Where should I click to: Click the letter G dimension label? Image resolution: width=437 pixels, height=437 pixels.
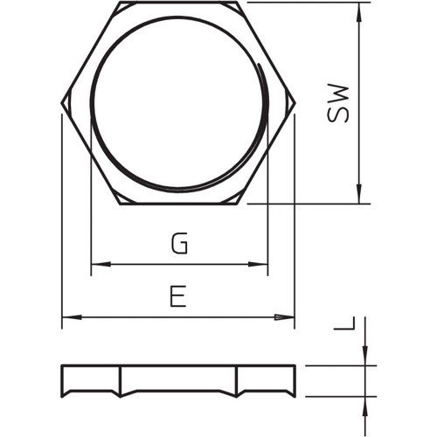(x=179, y=243)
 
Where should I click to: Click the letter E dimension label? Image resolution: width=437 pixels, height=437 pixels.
(x=178, y=296)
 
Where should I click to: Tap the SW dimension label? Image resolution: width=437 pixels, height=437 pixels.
(x=337, y=104)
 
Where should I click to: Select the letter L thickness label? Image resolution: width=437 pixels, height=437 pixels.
(x=344, y=323)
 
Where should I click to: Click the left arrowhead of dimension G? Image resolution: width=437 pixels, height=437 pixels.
(x=101, y=264)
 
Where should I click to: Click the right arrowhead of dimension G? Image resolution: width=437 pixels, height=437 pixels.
(x=258, y=264)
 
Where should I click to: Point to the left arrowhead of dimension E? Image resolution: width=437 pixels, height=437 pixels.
(x=72, y=317)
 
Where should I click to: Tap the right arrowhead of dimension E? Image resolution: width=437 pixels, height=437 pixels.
(x=285, y=317)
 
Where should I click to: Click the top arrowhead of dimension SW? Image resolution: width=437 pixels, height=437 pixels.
(x=359, y=12)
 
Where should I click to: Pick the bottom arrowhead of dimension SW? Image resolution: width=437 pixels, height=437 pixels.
(x=359, y=193)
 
